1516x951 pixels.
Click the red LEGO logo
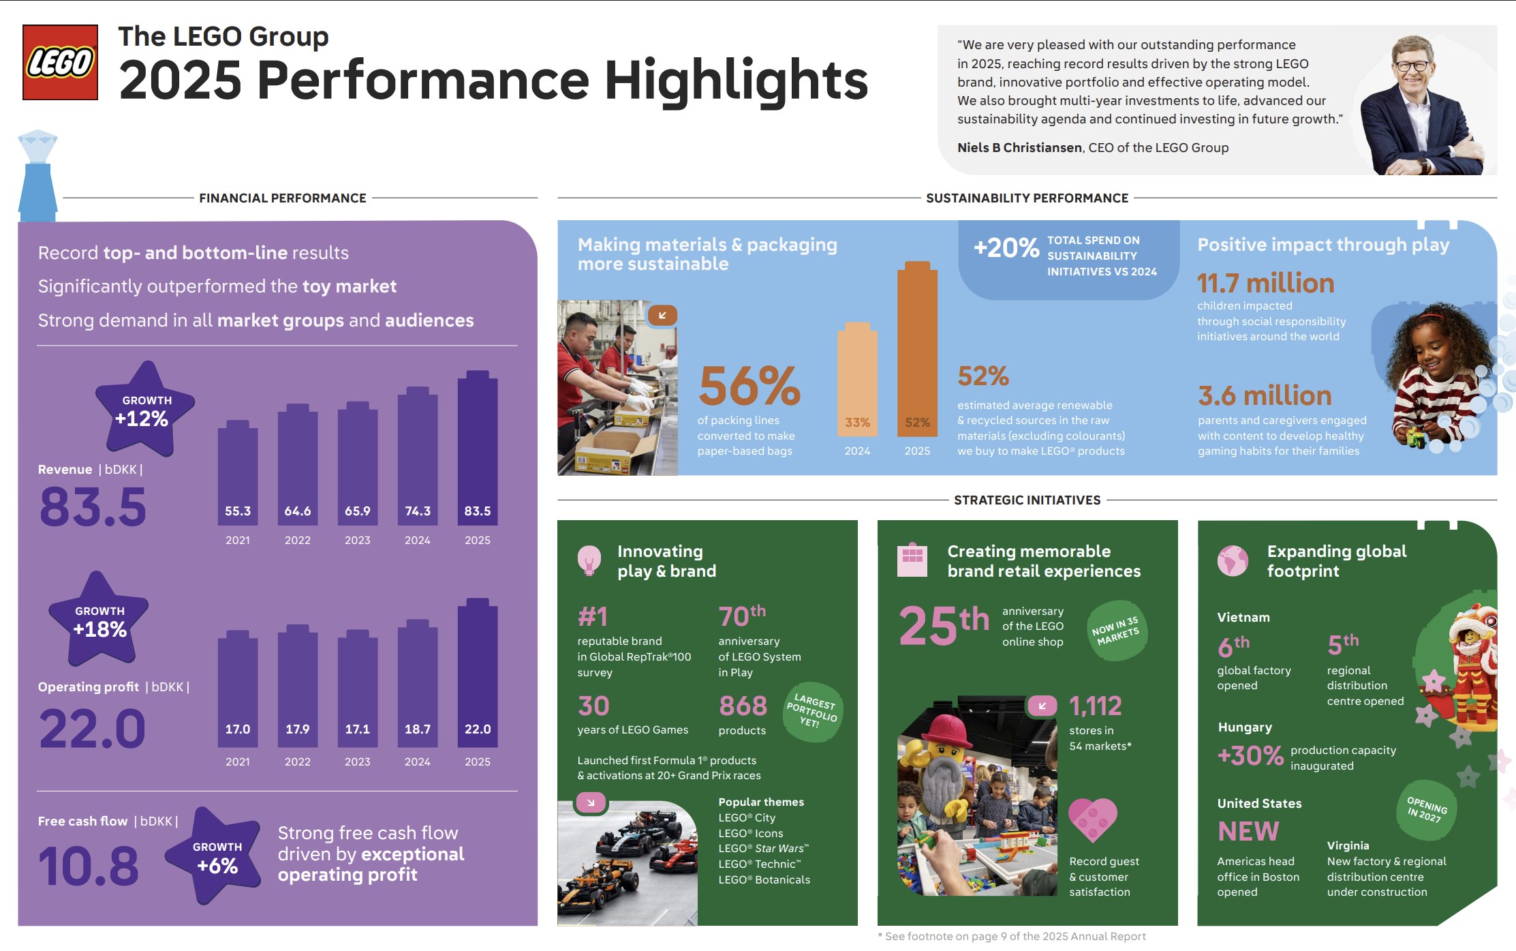(60, 63)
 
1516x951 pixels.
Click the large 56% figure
(749, 386)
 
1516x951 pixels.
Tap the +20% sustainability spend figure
(1006, 247)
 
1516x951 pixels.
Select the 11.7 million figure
(1265, 284)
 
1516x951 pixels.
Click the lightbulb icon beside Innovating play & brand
(589, 560)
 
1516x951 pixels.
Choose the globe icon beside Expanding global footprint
(1233, 560)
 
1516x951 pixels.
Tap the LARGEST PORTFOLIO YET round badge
(812, 712)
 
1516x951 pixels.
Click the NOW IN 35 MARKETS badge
(1115, 631)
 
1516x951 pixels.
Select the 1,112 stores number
(1095, 706)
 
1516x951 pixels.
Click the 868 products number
(743, 706)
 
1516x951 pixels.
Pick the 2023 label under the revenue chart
(357, 540)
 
